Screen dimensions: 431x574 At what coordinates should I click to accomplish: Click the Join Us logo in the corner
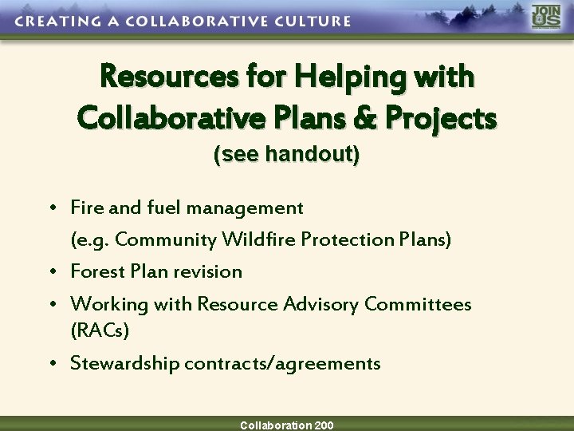point(546,18)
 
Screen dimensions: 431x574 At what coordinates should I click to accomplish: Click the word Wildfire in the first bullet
point(258,239)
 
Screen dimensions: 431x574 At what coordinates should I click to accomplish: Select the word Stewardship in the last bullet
point(124,363)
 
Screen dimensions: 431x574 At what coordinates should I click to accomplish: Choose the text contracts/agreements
point(282,363)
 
